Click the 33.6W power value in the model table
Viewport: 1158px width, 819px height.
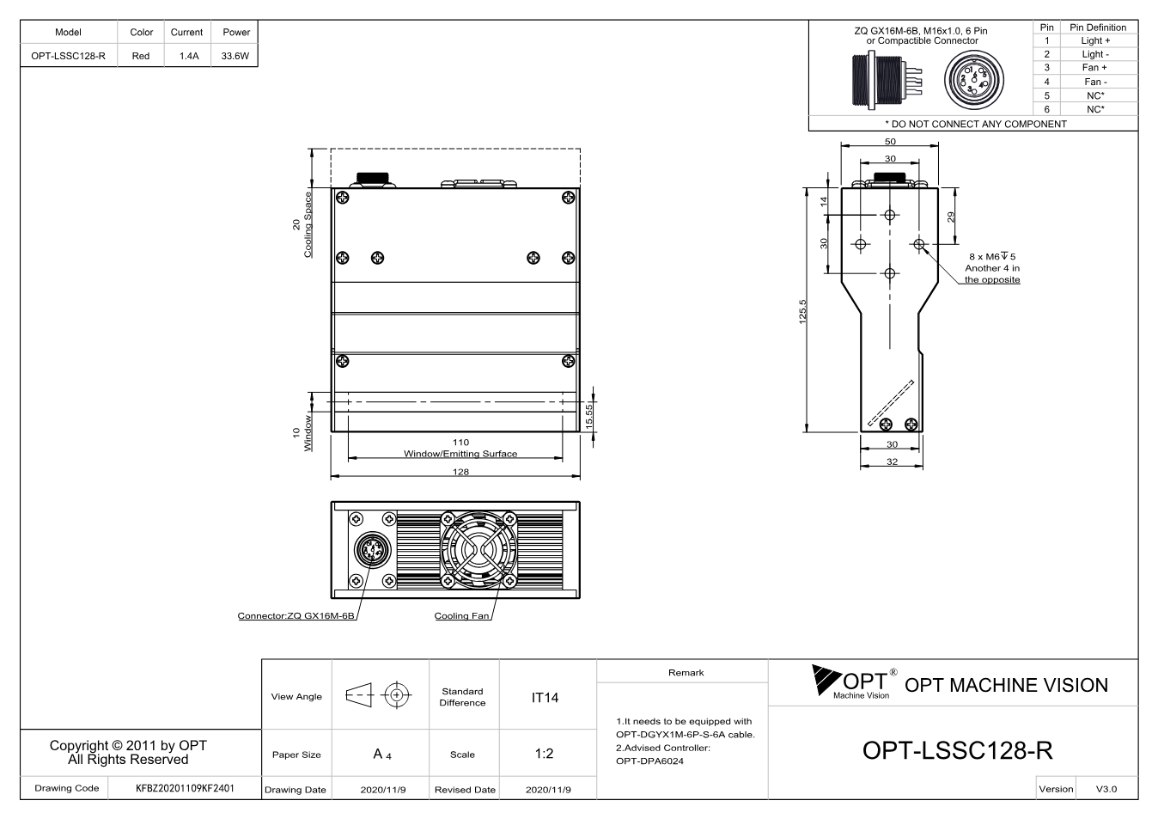[x=235, y=56]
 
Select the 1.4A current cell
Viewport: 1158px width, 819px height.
[x=189, y=56]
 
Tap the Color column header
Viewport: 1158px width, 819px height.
[x=141, y=32]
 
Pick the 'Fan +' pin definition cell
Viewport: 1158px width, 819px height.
[x=1094, y=68]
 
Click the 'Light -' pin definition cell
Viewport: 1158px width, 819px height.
[x=1095, y=54]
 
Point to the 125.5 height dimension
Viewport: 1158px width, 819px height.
[x=802, y=312]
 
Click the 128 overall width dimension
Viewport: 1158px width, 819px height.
[x=460, y=472]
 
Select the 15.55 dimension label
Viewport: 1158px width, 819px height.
[x=588, y=417]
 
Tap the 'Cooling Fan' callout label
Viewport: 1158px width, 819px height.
[x=461, y=616]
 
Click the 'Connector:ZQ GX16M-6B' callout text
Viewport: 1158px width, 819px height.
[x=296, y=616]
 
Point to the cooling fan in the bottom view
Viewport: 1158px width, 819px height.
[x=478, y=550]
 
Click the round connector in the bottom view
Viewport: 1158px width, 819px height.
[x=372, y=550]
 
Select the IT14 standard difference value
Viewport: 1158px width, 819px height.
[x=545, y=698]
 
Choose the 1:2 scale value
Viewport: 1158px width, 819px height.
[x=544, y=754]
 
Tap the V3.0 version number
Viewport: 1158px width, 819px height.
[x=1106, y=789]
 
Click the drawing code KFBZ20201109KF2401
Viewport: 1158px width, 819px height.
[x=185, y=789]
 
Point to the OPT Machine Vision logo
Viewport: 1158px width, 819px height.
[x=855, y=682]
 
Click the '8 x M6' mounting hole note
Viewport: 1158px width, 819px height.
[x=992, y=257]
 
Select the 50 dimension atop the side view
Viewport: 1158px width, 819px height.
[x=890, y=142]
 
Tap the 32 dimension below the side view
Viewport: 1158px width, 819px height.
[x=893, y=461]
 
